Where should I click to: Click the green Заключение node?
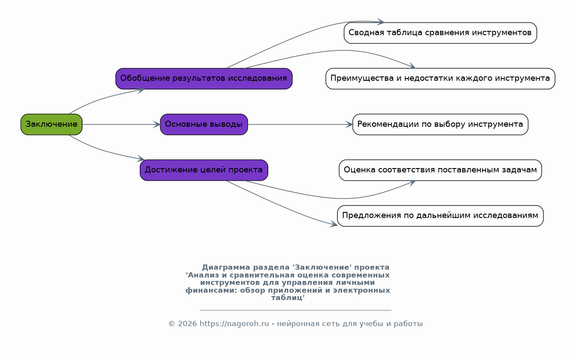51,124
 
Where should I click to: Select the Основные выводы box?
204,124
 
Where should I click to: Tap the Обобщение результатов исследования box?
204,79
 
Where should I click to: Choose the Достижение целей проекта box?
204,170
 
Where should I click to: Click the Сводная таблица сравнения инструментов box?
440,33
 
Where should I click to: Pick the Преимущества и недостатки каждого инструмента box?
440,79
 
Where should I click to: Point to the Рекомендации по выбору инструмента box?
440,124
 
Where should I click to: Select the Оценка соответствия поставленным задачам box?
440,170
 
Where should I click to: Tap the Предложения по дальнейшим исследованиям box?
440,216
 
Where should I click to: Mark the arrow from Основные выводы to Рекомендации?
300,125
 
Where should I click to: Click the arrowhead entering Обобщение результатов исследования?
141,90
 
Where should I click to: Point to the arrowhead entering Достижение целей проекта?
141,159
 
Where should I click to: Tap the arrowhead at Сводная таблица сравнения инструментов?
381,22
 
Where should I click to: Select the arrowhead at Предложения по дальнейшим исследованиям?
334,225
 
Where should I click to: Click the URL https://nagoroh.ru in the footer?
234,324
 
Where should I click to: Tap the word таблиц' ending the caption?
288,298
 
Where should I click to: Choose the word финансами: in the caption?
211,291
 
